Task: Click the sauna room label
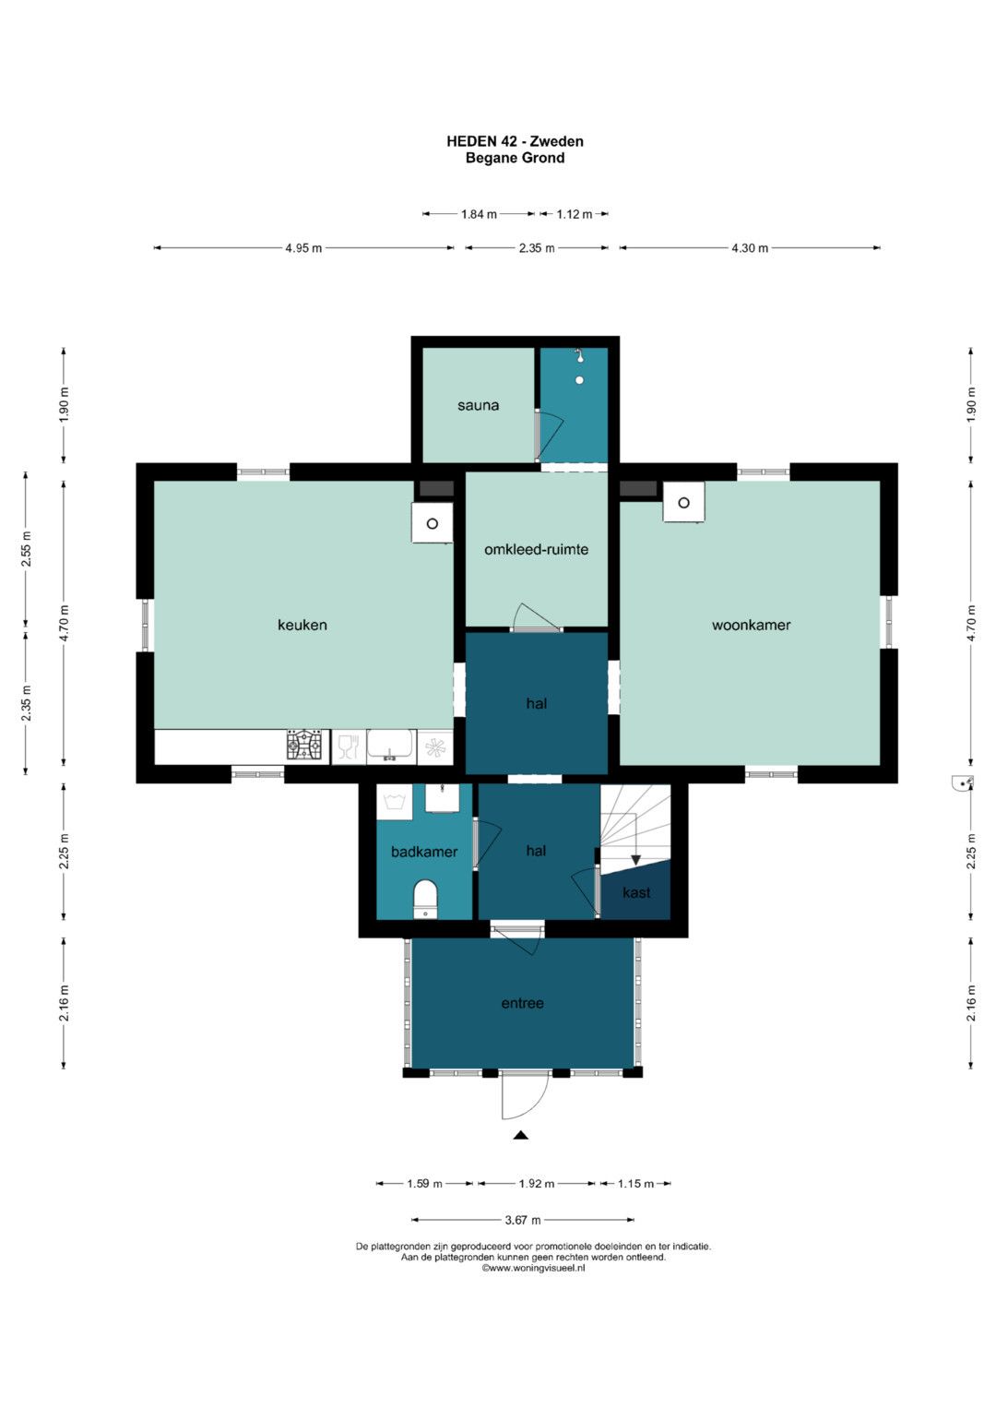pos(478,406)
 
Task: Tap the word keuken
pos(302,625)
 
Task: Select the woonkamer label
pos(751,625)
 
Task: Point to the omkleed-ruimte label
pos(536,549)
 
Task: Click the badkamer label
pos(424,852)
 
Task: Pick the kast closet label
pos(636,892)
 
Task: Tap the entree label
pos(522,1003)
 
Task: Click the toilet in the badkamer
pos(426,900)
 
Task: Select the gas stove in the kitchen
pos(304,746)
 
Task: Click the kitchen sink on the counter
pos(390,746)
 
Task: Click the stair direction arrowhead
pos(635,860)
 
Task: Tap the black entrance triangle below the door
pos(520,1135)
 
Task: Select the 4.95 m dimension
pos(303,248)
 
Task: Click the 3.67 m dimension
pos(523,1220)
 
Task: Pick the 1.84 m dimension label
pos(479,214)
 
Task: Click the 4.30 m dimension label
pos(750,248)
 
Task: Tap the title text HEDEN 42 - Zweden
pos(515,141)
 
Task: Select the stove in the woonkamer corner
pos(683,502)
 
